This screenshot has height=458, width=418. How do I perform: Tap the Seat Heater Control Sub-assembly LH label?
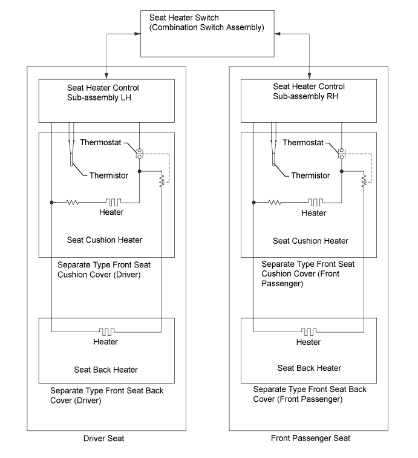point(103,93)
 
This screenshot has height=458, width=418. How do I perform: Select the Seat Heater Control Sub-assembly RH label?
point(309,91)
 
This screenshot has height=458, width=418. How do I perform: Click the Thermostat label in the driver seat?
point(100,143)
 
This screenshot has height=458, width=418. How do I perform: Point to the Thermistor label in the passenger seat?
point(310,175)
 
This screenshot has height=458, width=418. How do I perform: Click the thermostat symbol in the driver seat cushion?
point(139,153)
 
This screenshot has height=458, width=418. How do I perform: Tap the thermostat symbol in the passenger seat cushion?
point(341,153)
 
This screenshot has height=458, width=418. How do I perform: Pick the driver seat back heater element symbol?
point(106,332)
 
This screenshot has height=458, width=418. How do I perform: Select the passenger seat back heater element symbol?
point(309,332)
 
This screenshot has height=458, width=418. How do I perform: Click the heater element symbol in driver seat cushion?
point(113,202)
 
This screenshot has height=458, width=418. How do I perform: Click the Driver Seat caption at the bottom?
point(103,439)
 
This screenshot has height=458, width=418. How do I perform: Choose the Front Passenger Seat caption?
point(310,438)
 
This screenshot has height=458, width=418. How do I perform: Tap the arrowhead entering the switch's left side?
point(137,34)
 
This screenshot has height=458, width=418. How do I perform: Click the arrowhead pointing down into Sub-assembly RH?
point(309,76)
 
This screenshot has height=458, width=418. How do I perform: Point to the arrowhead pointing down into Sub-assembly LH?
point(106,76)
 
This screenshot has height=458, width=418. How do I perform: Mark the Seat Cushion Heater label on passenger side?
point(310,241)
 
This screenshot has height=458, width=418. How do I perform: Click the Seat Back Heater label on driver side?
point(106,370)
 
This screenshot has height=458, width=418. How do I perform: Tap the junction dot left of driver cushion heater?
point(51,203)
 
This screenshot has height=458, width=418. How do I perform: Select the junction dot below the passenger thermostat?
point(342,171)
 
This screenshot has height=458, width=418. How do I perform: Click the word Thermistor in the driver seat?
point(109,175)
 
